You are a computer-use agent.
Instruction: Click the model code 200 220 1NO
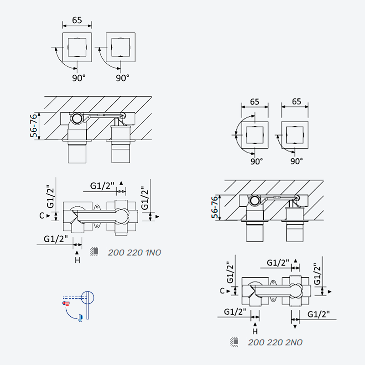[x=134, y=253]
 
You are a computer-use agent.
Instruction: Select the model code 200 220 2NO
[x=275, y=343]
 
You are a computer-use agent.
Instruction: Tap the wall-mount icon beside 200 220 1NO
[x=94, y=251]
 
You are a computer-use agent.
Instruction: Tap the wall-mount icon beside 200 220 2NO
[x=234, y=342]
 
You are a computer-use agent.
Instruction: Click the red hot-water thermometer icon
[x=66, y=303]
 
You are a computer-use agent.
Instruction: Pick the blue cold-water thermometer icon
[x=81, y=318]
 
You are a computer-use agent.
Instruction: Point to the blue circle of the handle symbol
[x=88, y=297]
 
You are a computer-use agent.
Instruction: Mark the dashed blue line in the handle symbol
[x=74, y=297]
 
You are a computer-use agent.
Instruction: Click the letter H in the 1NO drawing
[x=78, y=260]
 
